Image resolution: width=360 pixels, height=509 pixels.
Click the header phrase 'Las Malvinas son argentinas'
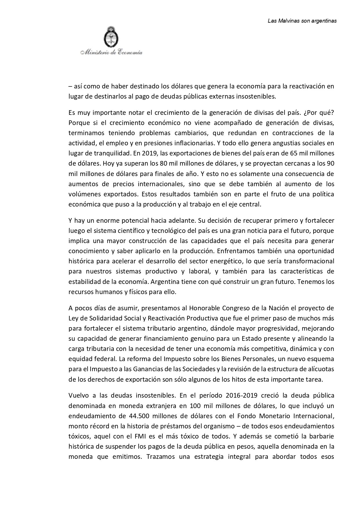[x=302, y=21]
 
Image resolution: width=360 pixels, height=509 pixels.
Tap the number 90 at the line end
[x=330, y=164]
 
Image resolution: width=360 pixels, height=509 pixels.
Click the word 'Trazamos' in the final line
[x=161, y=457]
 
